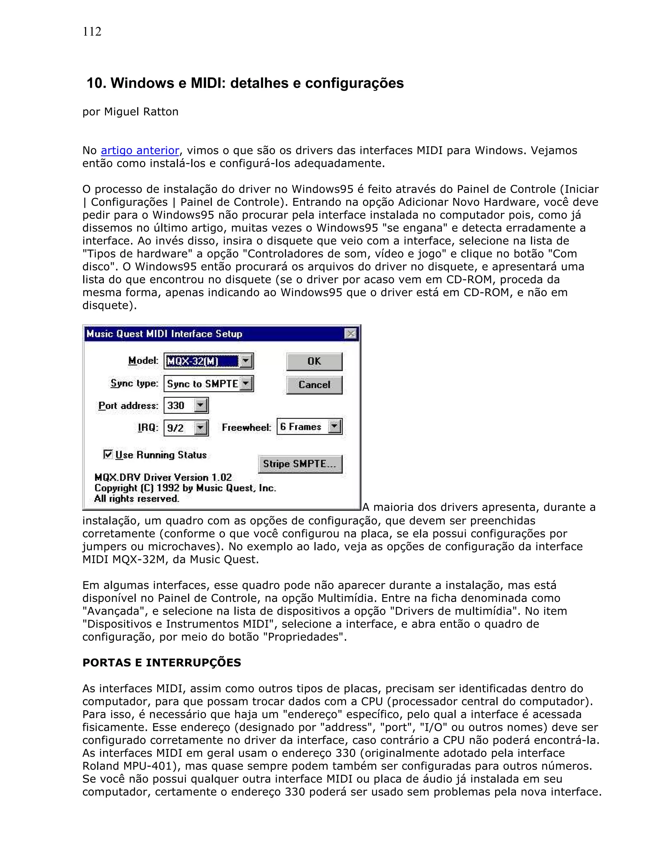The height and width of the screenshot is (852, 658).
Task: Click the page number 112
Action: coord(92,32)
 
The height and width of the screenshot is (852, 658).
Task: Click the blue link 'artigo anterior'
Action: coord(140,150)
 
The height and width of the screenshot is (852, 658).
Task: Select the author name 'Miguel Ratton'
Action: coord(141,112)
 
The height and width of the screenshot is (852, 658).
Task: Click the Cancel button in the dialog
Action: coord(314,385)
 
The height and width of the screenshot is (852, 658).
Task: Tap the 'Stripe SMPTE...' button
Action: coord(300,464)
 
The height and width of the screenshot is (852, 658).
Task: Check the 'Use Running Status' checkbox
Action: coord(108,455)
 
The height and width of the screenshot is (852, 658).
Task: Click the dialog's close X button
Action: coord(351,334)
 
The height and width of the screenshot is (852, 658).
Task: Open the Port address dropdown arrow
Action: coord(201,405)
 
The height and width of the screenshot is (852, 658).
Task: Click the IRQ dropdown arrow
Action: coord(201,428)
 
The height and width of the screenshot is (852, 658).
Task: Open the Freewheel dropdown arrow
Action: coord(334,426)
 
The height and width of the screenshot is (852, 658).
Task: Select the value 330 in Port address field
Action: coord(176,406)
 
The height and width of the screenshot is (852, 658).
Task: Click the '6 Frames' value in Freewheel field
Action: coord(300,427)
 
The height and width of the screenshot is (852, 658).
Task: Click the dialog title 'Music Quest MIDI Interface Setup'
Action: coord(164,334)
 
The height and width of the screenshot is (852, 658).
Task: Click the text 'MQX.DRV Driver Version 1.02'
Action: coord(163,477)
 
